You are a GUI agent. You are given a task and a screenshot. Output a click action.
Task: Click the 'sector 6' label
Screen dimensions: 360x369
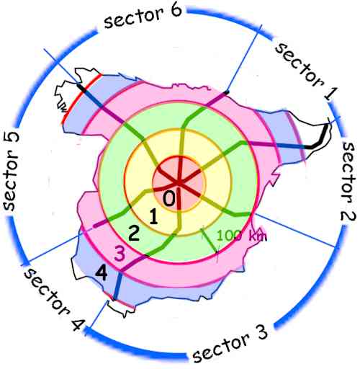click(143, 17)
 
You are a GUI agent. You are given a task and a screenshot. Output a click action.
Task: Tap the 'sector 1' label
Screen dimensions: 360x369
click(306, 71)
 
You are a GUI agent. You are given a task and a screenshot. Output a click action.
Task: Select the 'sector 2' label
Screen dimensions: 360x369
click(348, 182)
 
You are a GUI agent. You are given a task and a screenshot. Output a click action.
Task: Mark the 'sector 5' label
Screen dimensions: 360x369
click(11, 172)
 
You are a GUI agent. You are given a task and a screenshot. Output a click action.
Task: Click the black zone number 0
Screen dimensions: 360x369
click(169, 198)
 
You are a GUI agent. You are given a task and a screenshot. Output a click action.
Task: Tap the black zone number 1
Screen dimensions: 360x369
click(153, 217)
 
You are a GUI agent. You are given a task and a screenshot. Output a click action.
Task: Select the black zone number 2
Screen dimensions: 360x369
click(134, 233)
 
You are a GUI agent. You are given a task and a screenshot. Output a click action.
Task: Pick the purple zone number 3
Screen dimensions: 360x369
click(120, 254)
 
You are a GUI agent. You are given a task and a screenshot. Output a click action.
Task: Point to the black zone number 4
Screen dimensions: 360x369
click(102, 273)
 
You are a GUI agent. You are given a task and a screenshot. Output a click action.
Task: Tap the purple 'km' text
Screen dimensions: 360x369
click(258, 236)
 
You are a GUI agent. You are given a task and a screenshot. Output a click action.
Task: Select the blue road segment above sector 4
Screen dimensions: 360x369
click(117, 286)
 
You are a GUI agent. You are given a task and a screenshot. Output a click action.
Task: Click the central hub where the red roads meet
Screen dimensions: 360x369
click(178, 183)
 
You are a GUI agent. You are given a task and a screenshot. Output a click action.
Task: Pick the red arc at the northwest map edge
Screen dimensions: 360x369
click(81, 97)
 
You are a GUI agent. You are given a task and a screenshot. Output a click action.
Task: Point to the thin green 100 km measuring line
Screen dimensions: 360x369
click(210, 241)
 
